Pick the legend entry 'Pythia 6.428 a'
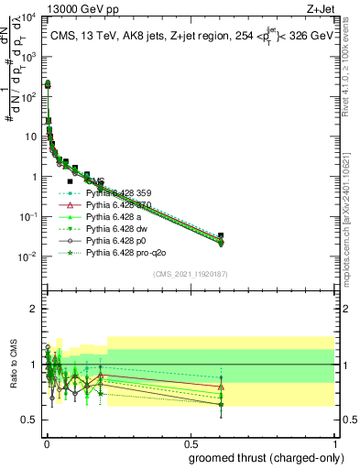pyautogui.click(x=116, y=216)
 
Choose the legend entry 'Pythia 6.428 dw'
pyautogui.click(x=119, y=228)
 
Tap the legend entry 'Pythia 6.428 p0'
pyautogui.click(x=118, y=239)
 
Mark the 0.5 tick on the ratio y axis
pyautogui.click(x=29, y=420)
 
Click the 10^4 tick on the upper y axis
pyautogui.click(x=27, y=18)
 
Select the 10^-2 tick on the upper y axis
pyautogui.click(x=27, y=256)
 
